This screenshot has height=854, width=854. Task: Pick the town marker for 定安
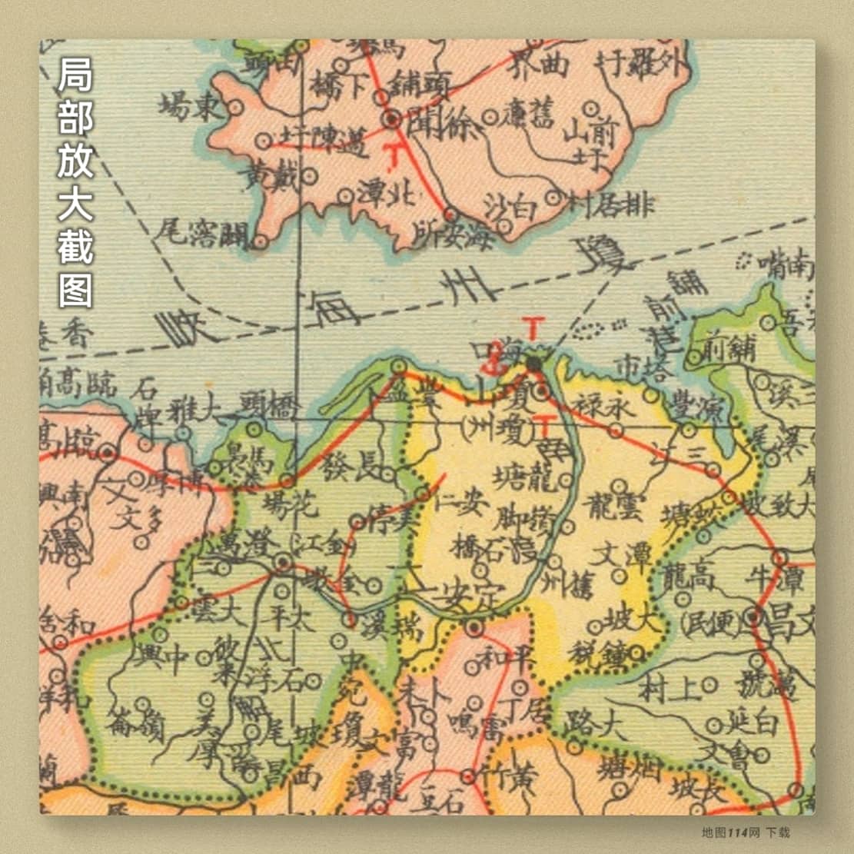click(474, 628)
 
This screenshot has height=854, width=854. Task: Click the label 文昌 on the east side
click(792, 617)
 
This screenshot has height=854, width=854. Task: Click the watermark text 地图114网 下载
click(746, 832)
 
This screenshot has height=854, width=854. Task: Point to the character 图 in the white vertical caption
click(75, 288)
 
